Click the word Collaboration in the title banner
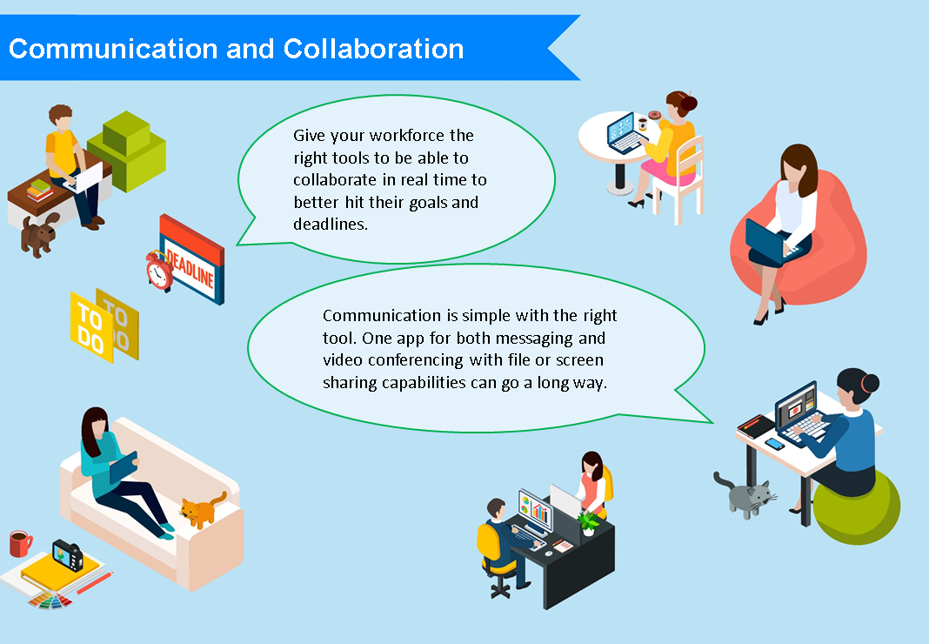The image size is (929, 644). click(x=373, y=49)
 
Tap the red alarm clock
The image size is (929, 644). click(x=159, y=271)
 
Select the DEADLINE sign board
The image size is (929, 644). click(x=193, y=259)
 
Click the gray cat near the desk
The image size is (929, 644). click(x=745, y=495)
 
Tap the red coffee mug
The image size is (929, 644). click(x=20, y=544)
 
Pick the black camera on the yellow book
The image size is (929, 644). click(x=68, y=555)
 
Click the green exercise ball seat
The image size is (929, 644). click(x=856, y=508)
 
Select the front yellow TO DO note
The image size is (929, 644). click(x=91, y=326)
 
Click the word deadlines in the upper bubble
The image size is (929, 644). click(x=330, y=225)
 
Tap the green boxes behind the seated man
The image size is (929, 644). click(x=127, y=151)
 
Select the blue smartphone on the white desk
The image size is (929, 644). click(x=774, y=444)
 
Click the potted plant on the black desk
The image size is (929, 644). click(x=588, y=523)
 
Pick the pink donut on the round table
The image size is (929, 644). click(x=654, y=115)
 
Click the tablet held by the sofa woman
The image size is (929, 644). click(x=124, y=467)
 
